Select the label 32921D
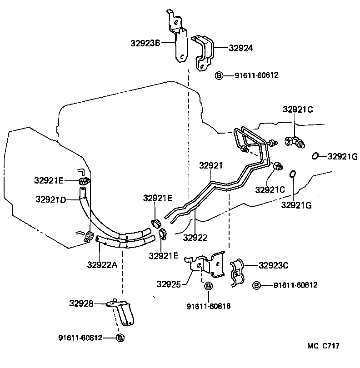click(50, 199)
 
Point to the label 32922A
click(102, 264)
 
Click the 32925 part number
click(169, 284)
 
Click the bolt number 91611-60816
click(208, 306)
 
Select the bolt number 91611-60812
click(80, 338)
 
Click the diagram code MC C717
click(323, 346)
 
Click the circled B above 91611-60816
click(208, 286)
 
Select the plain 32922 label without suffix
click(195, 237)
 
